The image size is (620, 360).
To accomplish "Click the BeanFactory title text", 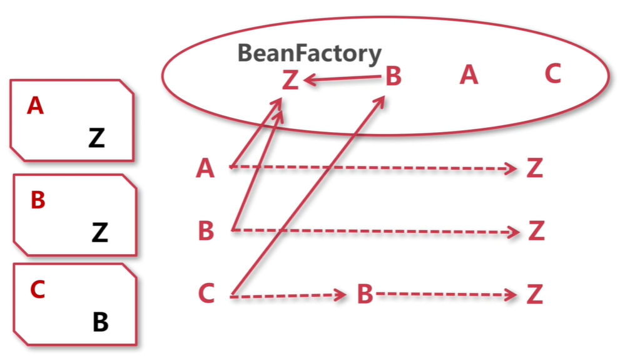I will [x=309, y=54].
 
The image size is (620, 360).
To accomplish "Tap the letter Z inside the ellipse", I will [x=290, y=81].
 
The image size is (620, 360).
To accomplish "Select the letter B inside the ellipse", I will [x=393, y=78].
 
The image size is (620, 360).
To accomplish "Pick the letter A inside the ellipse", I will [x=469, y=76].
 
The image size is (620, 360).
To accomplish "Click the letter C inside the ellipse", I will [x=552, y=75].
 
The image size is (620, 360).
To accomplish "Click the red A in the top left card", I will [x=36, y=106].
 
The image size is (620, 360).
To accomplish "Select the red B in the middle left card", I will [x=38, y=201].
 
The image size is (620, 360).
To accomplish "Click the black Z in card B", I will [x=99, y=233].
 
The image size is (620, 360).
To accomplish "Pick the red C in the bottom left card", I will [x=38, y=290].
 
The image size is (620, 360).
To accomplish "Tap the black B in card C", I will [x=101, y=323].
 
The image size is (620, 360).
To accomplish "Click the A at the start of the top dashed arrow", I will [x=205, y=168].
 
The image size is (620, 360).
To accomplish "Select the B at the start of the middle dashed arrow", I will [x=206, y=231].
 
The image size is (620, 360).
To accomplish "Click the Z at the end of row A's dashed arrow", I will [x=534, y=168].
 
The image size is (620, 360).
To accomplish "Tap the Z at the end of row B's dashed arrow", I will [x=536, y=231].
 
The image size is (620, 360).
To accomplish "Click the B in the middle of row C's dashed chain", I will [x=365, y=294].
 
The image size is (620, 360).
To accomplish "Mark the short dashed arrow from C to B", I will [x=288, y=295].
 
